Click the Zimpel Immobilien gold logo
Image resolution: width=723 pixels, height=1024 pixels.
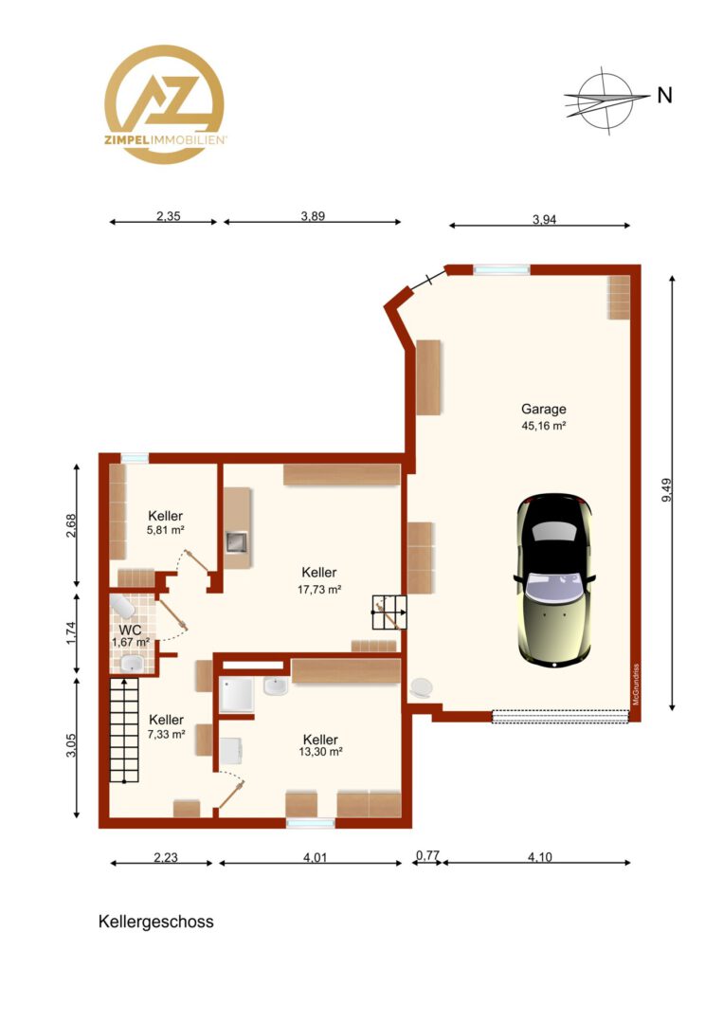[x=165, y=104]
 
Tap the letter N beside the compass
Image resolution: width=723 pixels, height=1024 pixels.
[x=664, y=96]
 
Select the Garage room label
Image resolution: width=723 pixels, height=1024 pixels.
[x=543, y=410]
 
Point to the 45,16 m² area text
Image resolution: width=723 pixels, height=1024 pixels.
[x=543, y=426]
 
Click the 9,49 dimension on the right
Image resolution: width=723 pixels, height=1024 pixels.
[x=666, y=490]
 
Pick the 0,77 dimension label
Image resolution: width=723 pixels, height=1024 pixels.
[x=427, y=855]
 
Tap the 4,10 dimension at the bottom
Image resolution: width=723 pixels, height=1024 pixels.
[x=539, y=857]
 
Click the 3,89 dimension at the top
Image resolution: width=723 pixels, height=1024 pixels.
[x=313, y=216]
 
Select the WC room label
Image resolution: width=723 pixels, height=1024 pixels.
[x=130, y=631]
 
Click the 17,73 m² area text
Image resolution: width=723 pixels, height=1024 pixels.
[x=319, y=589]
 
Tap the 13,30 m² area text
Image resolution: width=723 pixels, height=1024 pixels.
[x=320, y=751]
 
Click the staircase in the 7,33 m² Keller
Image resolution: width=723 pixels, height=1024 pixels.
[x=124, y=729]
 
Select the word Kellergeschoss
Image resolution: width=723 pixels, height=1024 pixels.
[x=156, y=922]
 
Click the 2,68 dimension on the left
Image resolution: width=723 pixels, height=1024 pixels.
[x=71, y=525]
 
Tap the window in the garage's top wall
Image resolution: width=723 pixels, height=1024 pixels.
[x=501, y=268]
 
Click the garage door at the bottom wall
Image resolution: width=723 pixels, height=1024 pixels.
[x=561, y=717]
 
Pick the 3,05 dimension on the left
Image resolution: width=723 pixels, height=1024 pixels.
[x=71, y=746]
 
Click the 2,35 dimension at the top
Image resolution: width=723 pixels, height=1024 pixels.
[x=169, y=216]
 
